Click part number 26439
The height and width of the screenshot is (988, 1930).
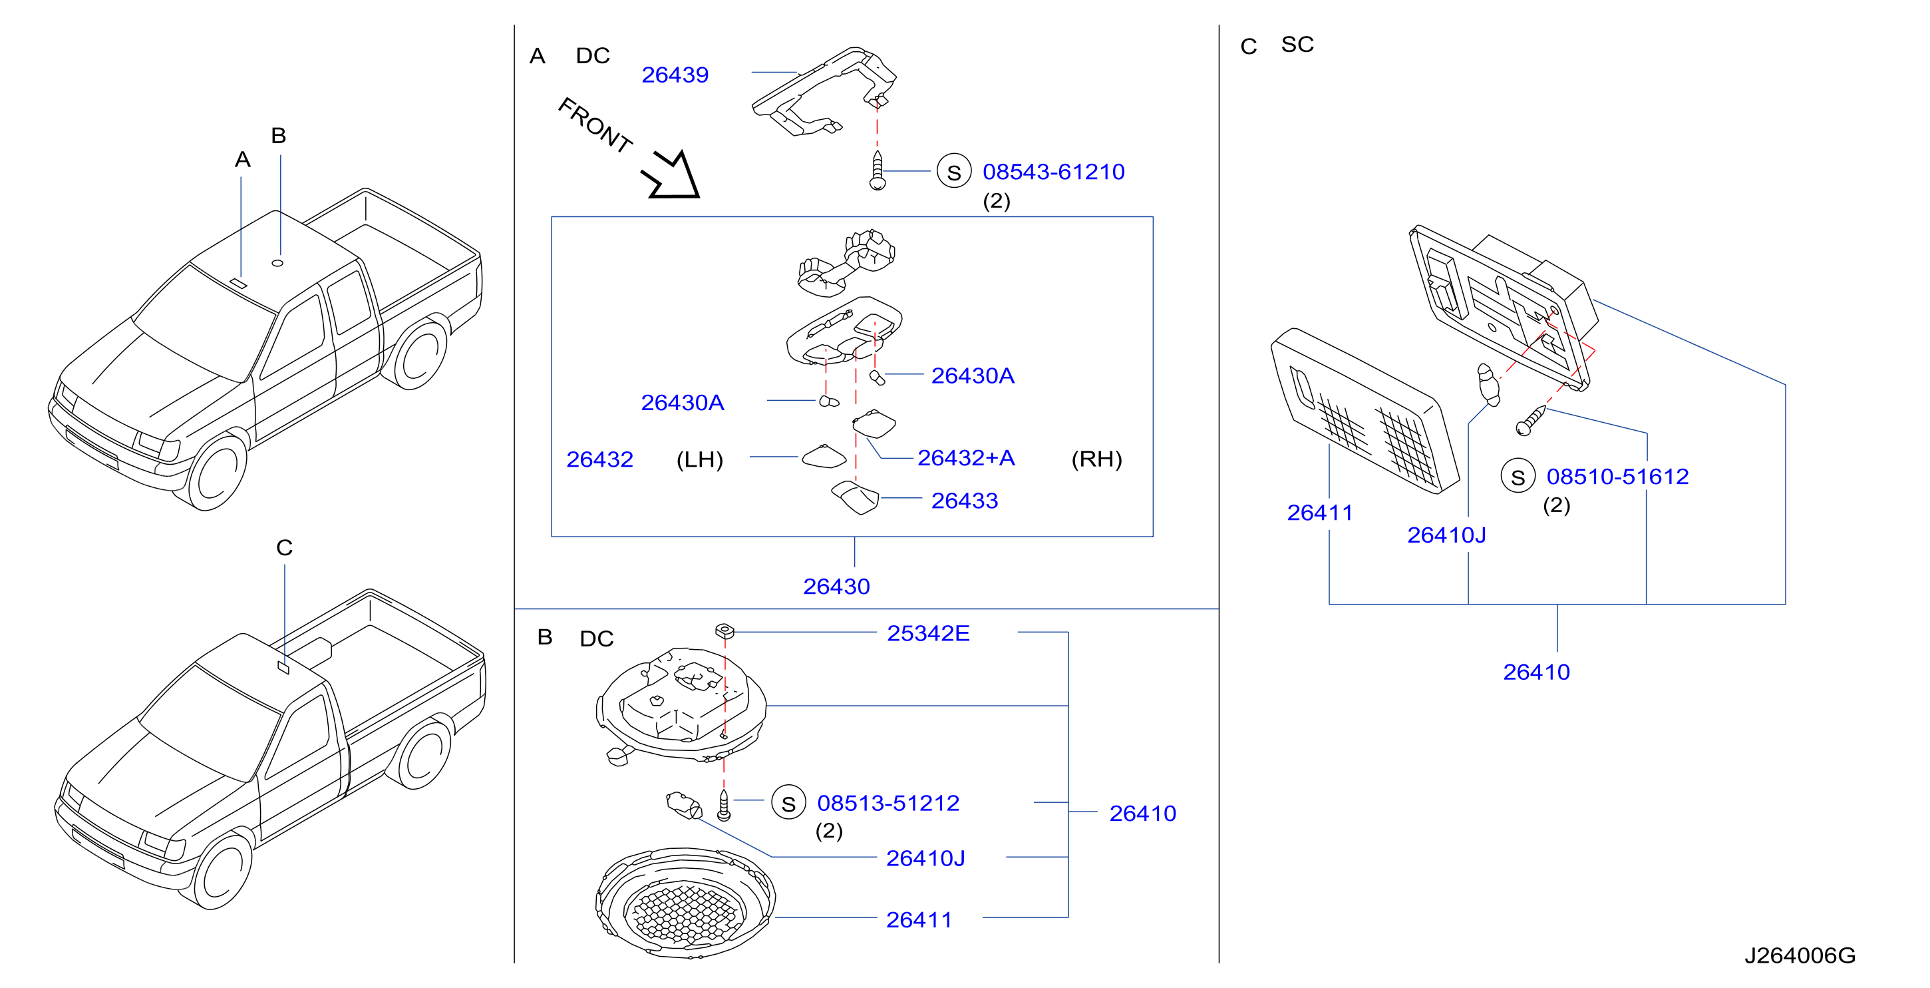click(x=675, y=75)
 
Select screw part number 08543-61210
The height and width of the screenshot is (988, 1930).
click(x=1053, y=172)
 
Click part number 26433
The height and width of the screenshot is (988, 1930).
click(x=964, y=500)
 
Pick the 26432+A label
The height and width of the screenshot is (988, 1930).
click(x=966, y=457)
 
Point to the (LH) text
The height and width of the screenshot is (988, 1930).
click(x=700, y=459)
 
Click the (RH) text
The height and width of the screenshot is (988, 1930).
click(x=1097, y=459)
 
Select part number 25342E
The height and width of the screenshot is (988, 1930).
click(x=928, y=633)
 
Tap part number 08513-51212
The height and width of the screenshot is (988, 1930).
click(x=888, y=803)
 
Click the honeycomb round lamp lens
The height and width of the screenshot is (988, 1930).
click(x=685, y=903)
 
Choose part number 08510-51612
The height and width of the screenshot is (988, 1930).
click(x=1617, y=476)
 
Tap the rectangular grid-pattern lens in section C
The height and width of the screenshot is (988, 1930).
click(x=1365, y=411)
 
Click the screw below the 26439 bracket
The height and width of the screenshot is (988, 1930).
click(x=878, y=170)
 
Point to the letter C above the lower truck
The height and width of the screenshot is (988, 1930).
click(x=284, y=547)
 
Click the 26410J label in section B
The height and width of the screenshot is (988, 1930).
click(x=925, y=858)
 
